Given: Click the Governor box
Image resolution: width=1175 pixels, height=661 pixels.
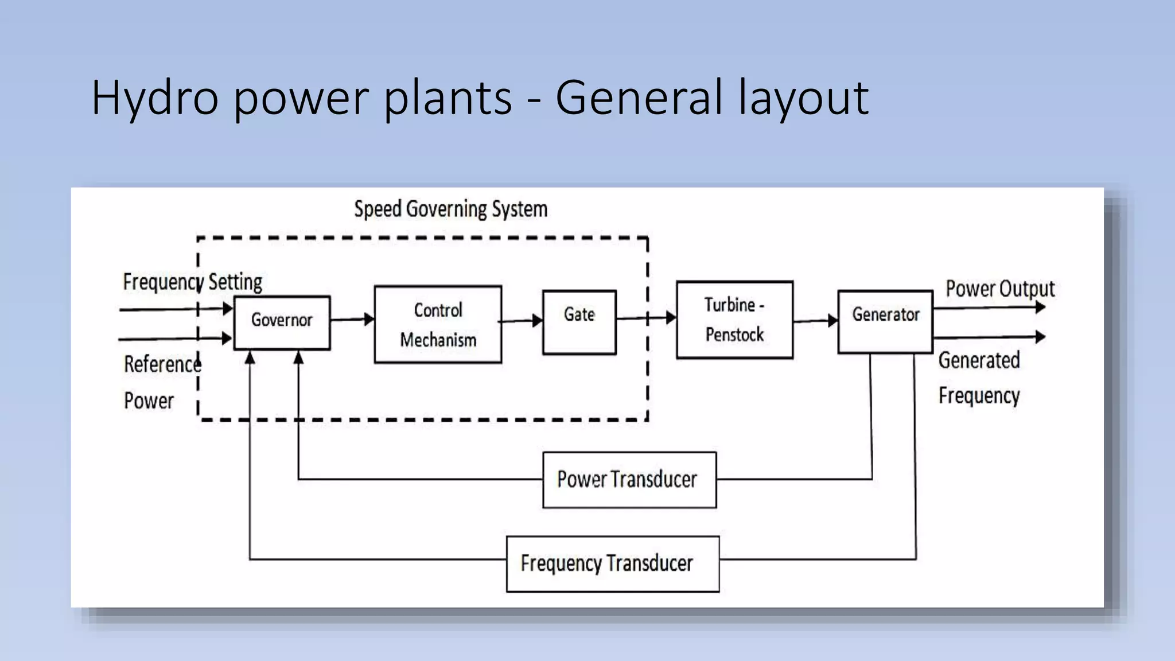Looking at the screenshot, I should pyautogui.click(x=282, y=322).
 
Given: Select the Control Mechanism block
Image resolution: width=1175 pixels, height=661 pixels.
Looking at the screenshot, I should pyautogui.click(x=438, y=325).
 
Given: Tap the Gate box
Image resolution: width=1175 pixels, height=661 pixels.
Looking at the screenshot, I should pyautogui.click(x=579, y=322).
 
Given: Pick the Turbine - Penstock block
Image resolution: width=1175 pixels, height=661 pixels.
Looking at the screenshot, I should pyautogui.click(x=734, y=320).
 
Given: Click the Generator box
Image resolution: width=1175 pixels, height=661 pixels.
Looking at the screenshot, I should pyautogui.click(x=885, y=321).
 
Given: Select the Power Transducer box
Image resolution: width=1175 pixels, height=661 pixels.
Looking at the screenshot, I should pyautogui.click(x=629, y=480).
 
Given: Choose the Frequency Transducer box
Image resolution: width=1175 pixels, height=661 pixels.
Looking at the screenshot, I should pyautogui.click(x=612, y=563).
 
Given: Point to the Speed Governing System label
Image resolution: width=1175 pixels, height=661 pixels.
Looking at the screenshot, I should pyautogui.click(x=450, y=209).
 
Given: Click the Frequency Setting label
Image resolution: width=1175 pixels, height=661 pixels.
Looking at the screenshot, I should pyautogui.click(x=192, y=282).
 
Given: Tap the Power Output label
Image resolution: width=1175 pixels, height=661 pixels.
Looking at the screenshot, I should pyautogui.click(x=999, y=289).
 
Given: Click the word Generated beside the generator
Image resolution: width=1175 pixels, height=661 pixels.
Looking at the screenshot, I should pyautogui.click(x=979, y=360).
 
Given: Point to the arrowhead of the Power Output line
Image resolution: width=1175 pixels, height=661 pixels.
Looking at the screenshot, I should pyautogui.click(x=1040, y=308).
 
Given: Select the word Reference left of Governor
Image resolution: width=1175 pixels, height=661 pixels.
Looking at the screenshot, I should pyautogui.click(x=162, y=364).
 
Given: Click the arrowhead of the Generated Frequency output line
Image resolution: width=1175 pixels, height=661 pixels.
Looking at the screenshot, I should pyautogui.click(x=1040, y=337).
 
